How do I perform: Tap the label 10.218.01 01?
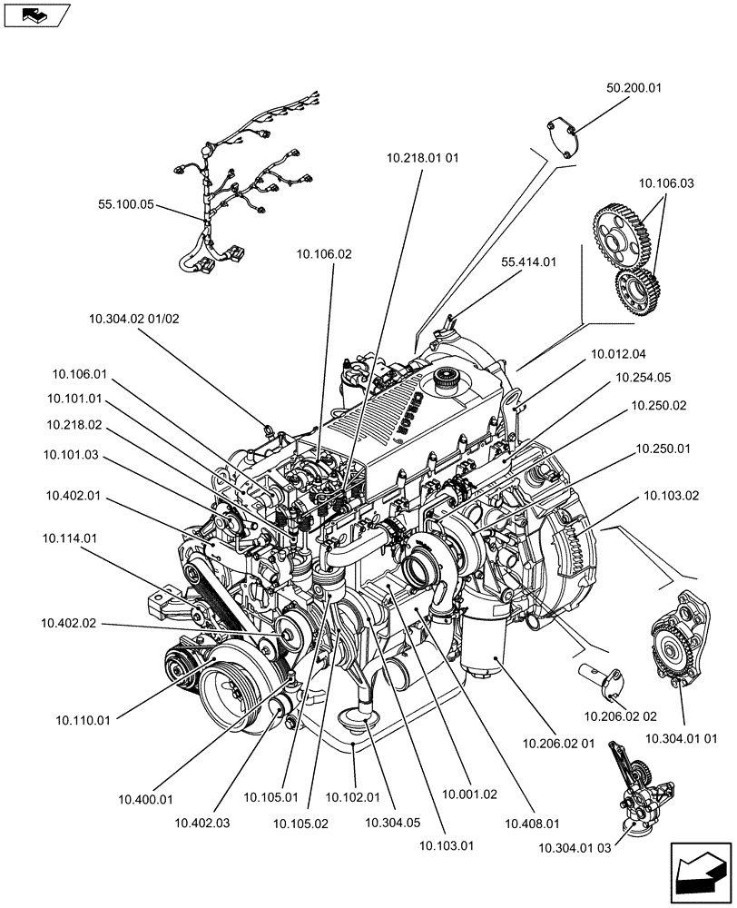[x=422, y=157]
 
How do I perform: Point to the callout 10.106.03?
[x=665, y=183]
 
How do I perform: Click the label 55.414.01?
[x=528, y=262]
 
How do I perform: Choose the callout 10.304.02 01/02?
[x=134, y=319]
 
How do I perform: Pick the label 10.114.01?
[x=69, y=538]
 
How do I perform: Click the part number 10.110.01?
[x=83, y=720]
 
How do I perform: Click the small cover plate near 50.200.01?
[x=564, y=138]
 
